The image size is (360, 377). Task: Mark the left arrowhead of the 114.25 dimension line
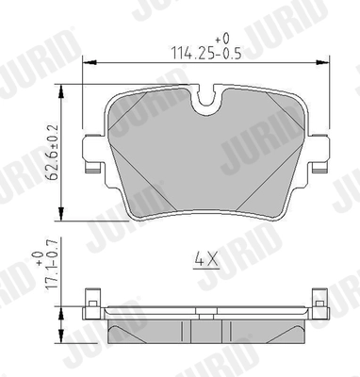[x=88, y=63]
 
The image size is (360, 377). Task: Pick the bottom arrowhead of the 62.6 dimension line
[x=63, y=208]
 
